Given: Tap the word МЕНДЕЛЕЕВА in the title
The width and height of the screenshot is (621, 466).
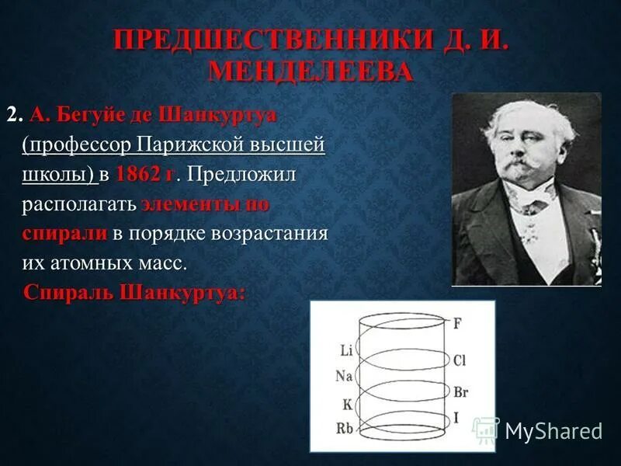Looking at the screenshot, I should [x=310, y=72].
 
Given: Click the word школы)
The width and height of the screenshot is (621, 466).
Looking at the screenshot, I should [x=59, y=175].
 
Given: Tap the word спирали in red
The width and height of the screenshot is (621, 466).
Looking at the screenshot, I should [x=64, y=234].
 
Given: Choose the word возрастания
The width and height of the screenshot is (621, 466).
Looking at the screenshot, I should [x=272, y=234].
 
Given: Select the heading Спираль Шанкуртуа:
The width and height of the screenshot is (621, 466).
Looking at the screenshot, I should [x=134, y=294].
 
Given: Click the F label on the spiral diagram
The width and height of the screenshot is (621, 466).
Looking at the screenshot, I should [x=457, y=324].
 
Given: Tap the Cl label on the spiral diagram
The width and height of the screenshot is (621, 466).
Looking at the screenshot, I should [x=460, y=360].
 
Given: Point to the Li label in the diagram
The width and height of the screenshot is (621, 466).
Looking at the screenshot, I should [x=346, y=350].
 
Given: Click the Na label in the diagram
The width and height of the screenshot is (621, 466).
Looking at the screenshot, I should [x=344, y=377].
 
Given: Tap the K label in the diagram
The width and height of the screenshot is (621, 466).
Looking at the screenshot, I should [x=347, y=404].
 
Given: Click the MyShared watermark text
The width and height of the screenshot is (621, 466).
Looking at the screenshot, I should [x=553, y=431].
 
